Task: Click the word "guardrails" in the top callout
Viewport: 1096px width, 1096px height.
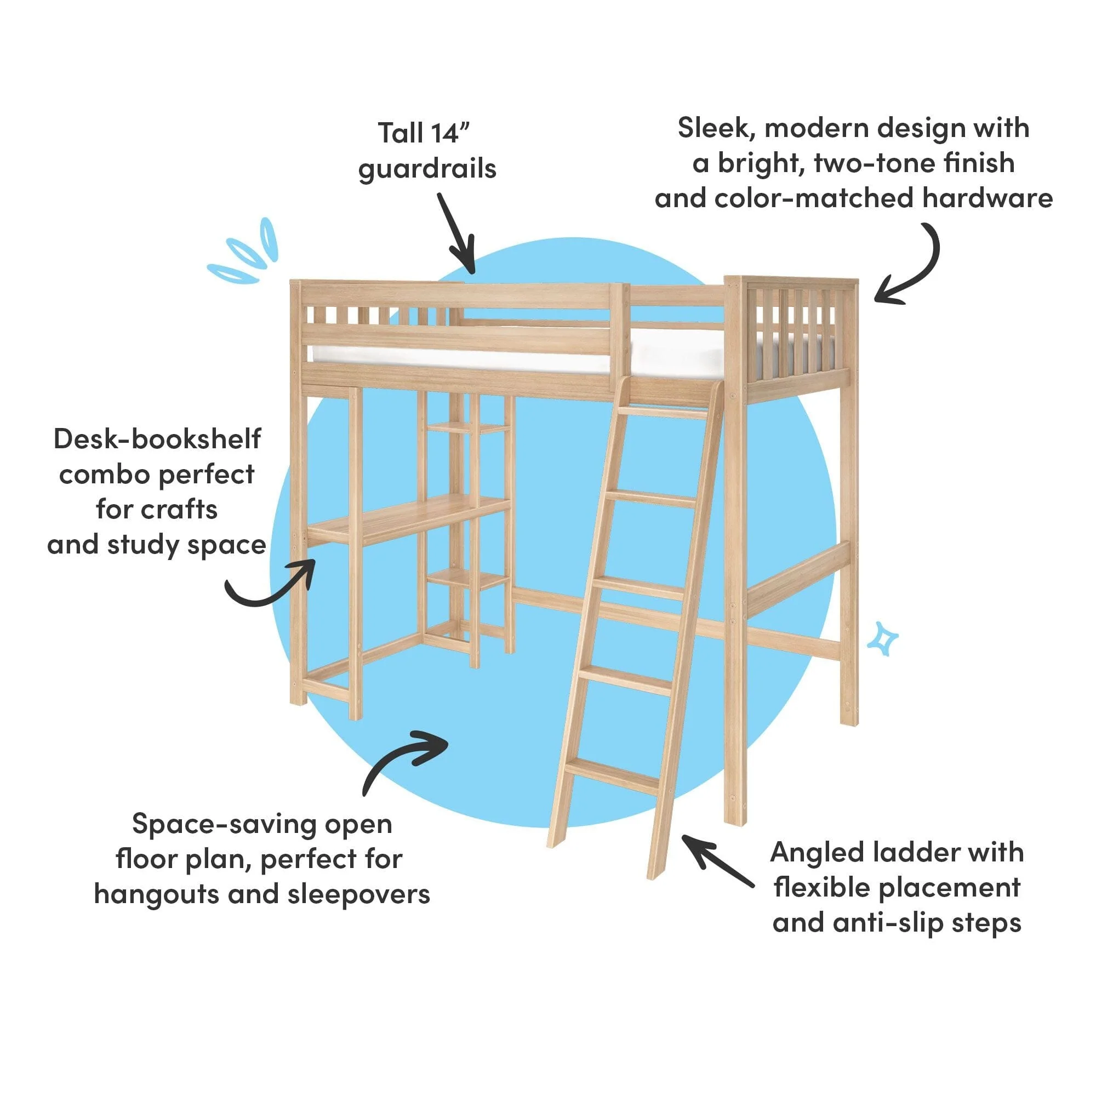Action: point(427,169)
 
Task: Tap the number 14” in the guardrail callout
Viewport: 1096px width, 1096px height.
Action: point(450,133)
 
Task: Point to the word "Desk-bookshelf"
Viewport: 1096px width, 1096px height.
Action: point(157,439)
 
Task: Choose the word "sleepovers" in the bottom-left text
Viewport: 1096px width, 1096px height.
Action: point(358,895)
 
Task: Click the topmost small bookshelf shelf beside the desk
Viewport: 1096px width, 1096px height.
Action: point(467,428)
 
